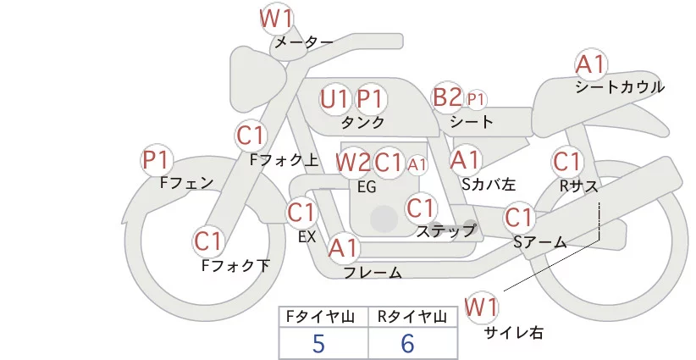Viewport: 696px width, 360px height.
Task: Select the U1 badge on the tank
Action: click(334, 99)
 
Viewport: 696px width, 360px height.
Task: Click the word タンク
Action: click(362, 123)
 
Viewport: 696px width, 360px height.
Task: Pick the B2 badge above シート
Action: click(447, 97)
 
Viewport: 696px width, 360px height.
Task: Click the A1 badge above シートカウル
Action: click(590, 64)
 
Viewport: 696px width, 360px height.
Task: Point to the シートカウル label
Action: click(619, 87)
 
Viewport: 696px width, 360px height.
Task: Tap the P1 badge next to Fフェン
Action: click(157, 159)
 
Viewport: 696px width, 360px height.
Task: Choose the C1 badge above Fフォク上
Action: click(251, 135)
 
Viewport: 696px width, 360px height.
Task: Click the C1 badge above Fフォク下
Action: click(208, 241)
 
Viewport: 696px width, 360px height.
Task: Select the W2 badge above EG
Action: click(352, 162)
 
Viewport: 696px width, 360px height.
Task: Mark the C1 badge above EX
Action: click(301, 212)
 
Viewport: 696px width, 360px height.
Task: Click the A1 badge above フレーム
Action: click(344, 248)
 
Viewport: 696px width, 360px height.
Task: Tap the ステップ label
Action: click(445, 230)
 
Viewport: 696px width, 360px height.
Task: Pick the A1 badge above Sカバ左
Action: click(465, 158)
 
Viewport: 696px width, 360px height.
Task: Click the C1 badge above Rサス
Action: click(566, 160)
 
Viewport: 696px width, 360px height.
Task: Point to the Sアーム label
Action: click(539, 242)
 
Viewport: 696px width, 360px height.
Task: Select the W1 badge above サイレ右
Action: click(483, 306)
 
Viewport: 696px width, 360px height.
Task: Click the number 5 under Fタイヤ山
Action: click(318, 344)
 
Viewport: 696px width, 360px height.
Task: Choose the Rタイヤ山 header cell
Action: click(412, 318)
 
